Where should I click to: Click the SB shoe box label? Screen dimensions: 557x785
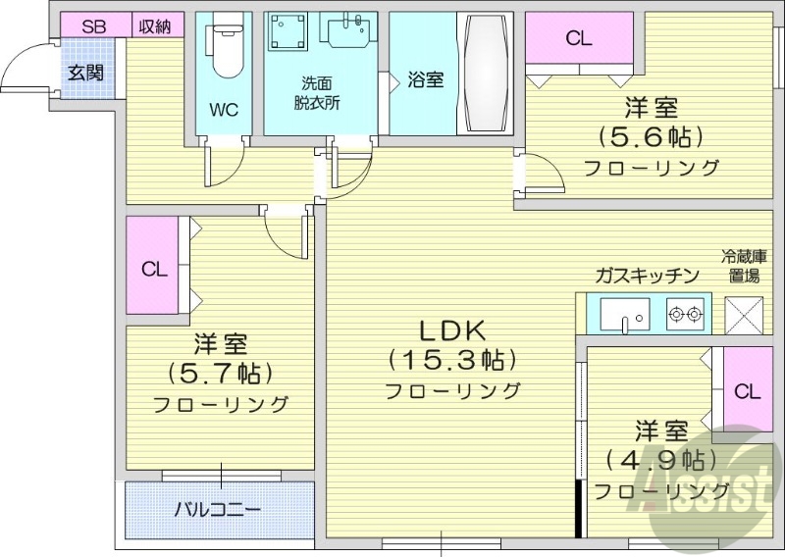93,26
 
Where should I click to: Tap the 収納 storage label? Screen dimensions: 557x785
154,26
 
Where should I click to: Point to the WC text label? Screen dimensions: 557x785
224,110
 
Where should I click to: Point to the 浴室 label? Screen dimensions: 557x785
425,80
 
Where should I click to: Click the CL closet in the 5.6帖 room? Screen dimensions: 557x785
579,39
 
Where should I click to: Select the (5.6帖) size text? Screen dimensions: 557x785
652,136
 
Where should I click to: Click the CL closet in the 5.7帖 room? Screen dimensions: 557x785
153,268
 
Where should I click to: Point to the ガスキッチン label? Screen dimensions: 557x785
646,276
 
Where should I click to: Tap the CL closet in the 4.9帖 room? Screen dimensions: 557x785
748,391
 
